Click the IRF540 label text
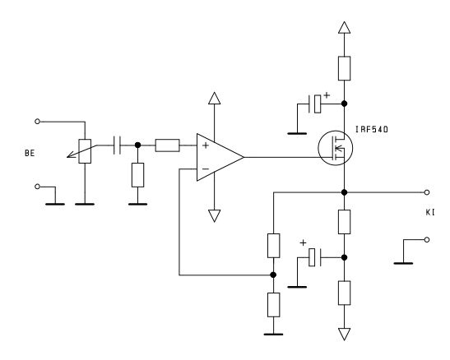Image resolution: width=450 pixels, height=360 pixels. click(x=372, y=130)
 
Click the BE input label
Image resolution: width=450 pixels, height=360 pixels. click(x=30, y=153)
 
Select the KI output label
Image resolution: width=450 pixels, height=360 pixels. click(x=430, y=212)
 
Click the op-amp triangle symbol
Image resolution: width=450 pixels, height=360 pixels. click(x=220, y=157)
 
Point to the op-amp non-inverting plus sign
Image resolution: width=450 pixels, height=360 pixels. click(x=206, y=145)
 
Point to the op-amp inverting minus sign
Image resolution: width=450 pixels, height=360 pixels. click(x=206, y=169)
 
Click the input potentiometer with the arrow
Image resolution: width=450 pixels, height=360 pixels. click(x=85, y=151)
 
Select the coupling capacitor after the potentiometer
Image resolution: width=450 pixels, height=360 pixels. click(x=117, y=145)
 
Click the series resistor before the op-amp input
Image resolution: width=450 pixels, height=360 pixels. click(x=167, y=145)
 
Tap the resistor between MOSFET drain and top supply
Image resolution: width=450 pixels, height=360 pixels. click(x=344, y=68)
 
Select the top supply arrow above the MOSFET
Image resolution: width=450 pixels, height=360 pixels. click(x=344, y=27)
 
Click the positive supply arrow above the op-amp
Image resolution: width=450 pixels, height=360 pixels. click(x=215, y=98)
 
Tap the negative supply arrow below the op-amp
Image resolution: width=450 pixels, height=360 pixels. click(x=215, y=216)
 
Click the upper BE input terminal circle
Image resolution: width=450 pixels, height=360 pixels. click(x=37, y=122)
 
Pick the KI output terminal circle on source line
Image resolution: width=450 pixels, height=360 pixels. click(x=427, y=192)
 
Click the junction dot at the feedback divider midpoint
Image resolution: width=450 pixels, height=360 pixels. click(x=273, y=275)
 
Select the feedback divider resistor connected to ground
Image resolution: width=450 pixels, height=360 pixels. click(x=273, y=305)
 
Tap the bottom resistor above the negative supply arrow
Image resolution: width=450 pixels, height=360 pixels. click(x=344, y=293)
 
